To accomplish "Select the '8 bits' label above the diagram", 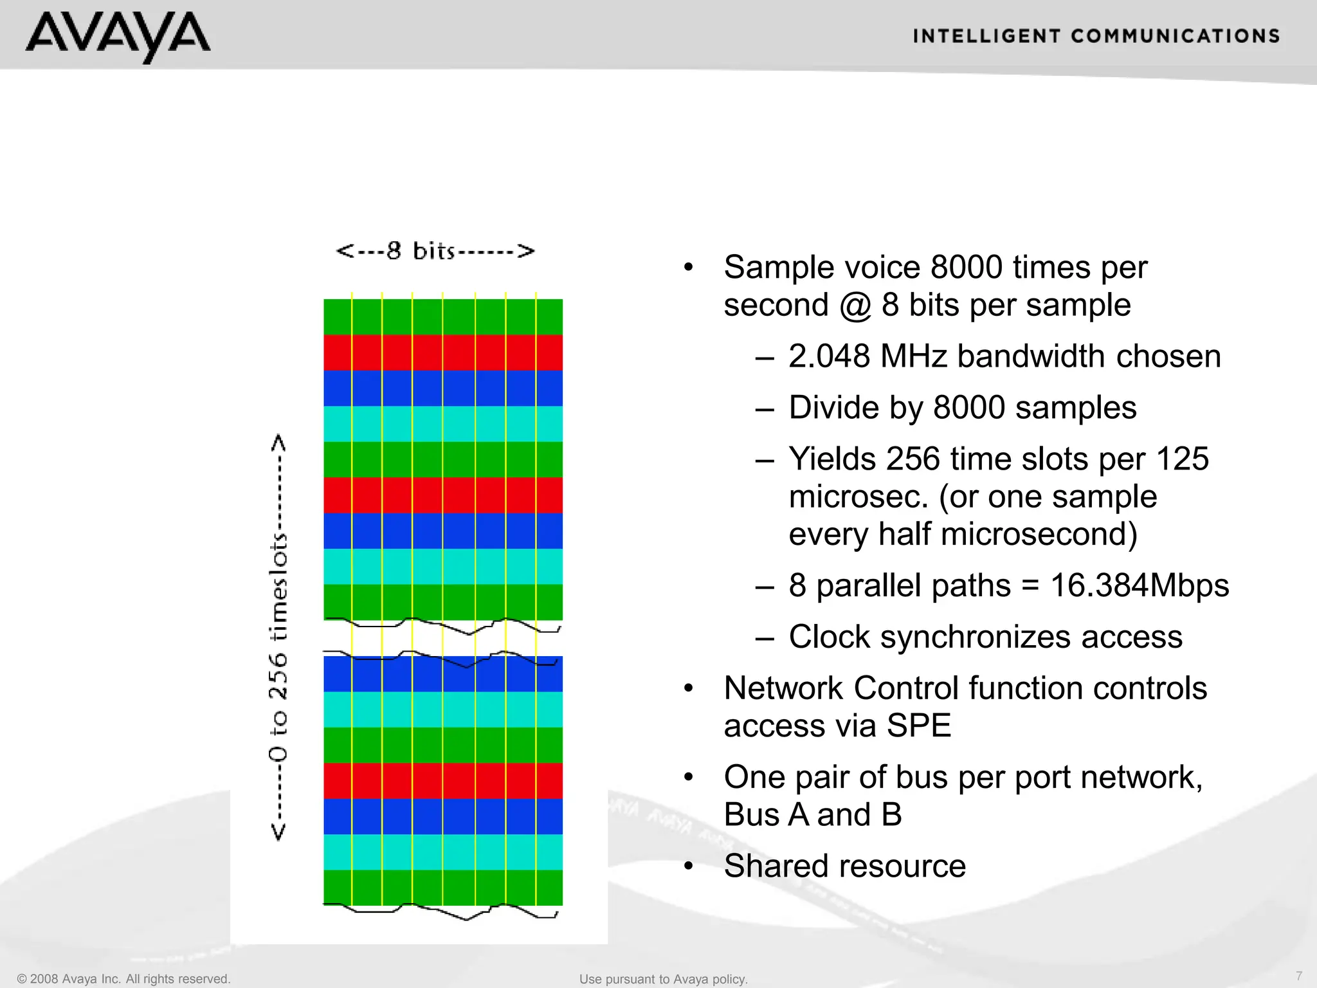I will point(435,251).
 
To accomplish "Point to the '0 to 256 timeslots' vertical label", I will point(278,637).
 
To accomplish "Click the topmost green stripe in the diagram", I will point(442,316).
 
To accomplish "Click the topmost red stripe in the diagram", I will point(442,352).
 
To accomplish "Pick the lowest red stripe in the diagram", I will point(442,780).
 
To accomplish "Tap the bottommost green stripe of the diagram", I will point(442,888).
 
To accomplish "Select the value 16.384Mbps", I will point(1139,585).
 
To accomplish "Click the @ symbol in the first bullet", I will point(855,305).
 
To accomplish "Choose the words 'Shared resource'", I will point(844,866).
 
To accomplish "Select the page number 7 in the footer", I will point(1299,976).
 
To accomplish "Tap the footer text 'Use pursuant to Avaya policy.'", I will point(663,979).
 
